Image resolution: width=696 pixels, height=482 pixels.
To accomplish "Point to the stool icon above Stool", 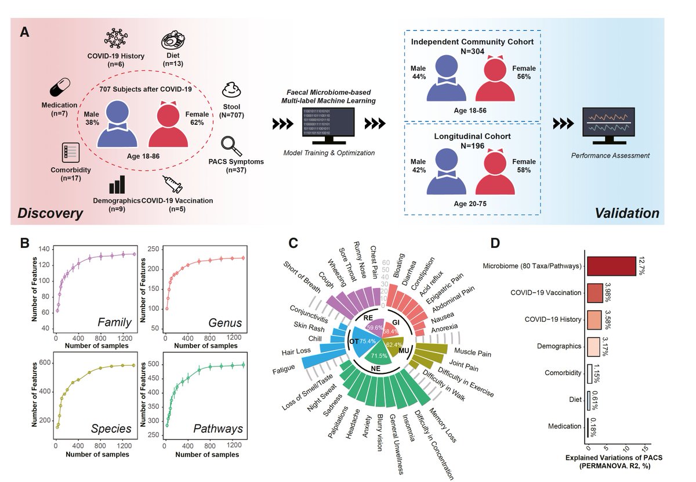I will tap(232, 91).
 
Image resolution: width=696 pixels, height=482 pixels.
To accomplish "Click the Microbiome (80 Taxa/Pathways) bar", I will tap(611, 266).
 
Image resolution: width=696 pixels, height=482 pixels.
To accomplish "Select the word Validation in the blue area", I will tap(627, 213).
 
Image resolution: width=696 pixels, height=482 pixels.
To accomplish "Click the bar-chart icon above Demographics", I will tap(117, 185).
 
